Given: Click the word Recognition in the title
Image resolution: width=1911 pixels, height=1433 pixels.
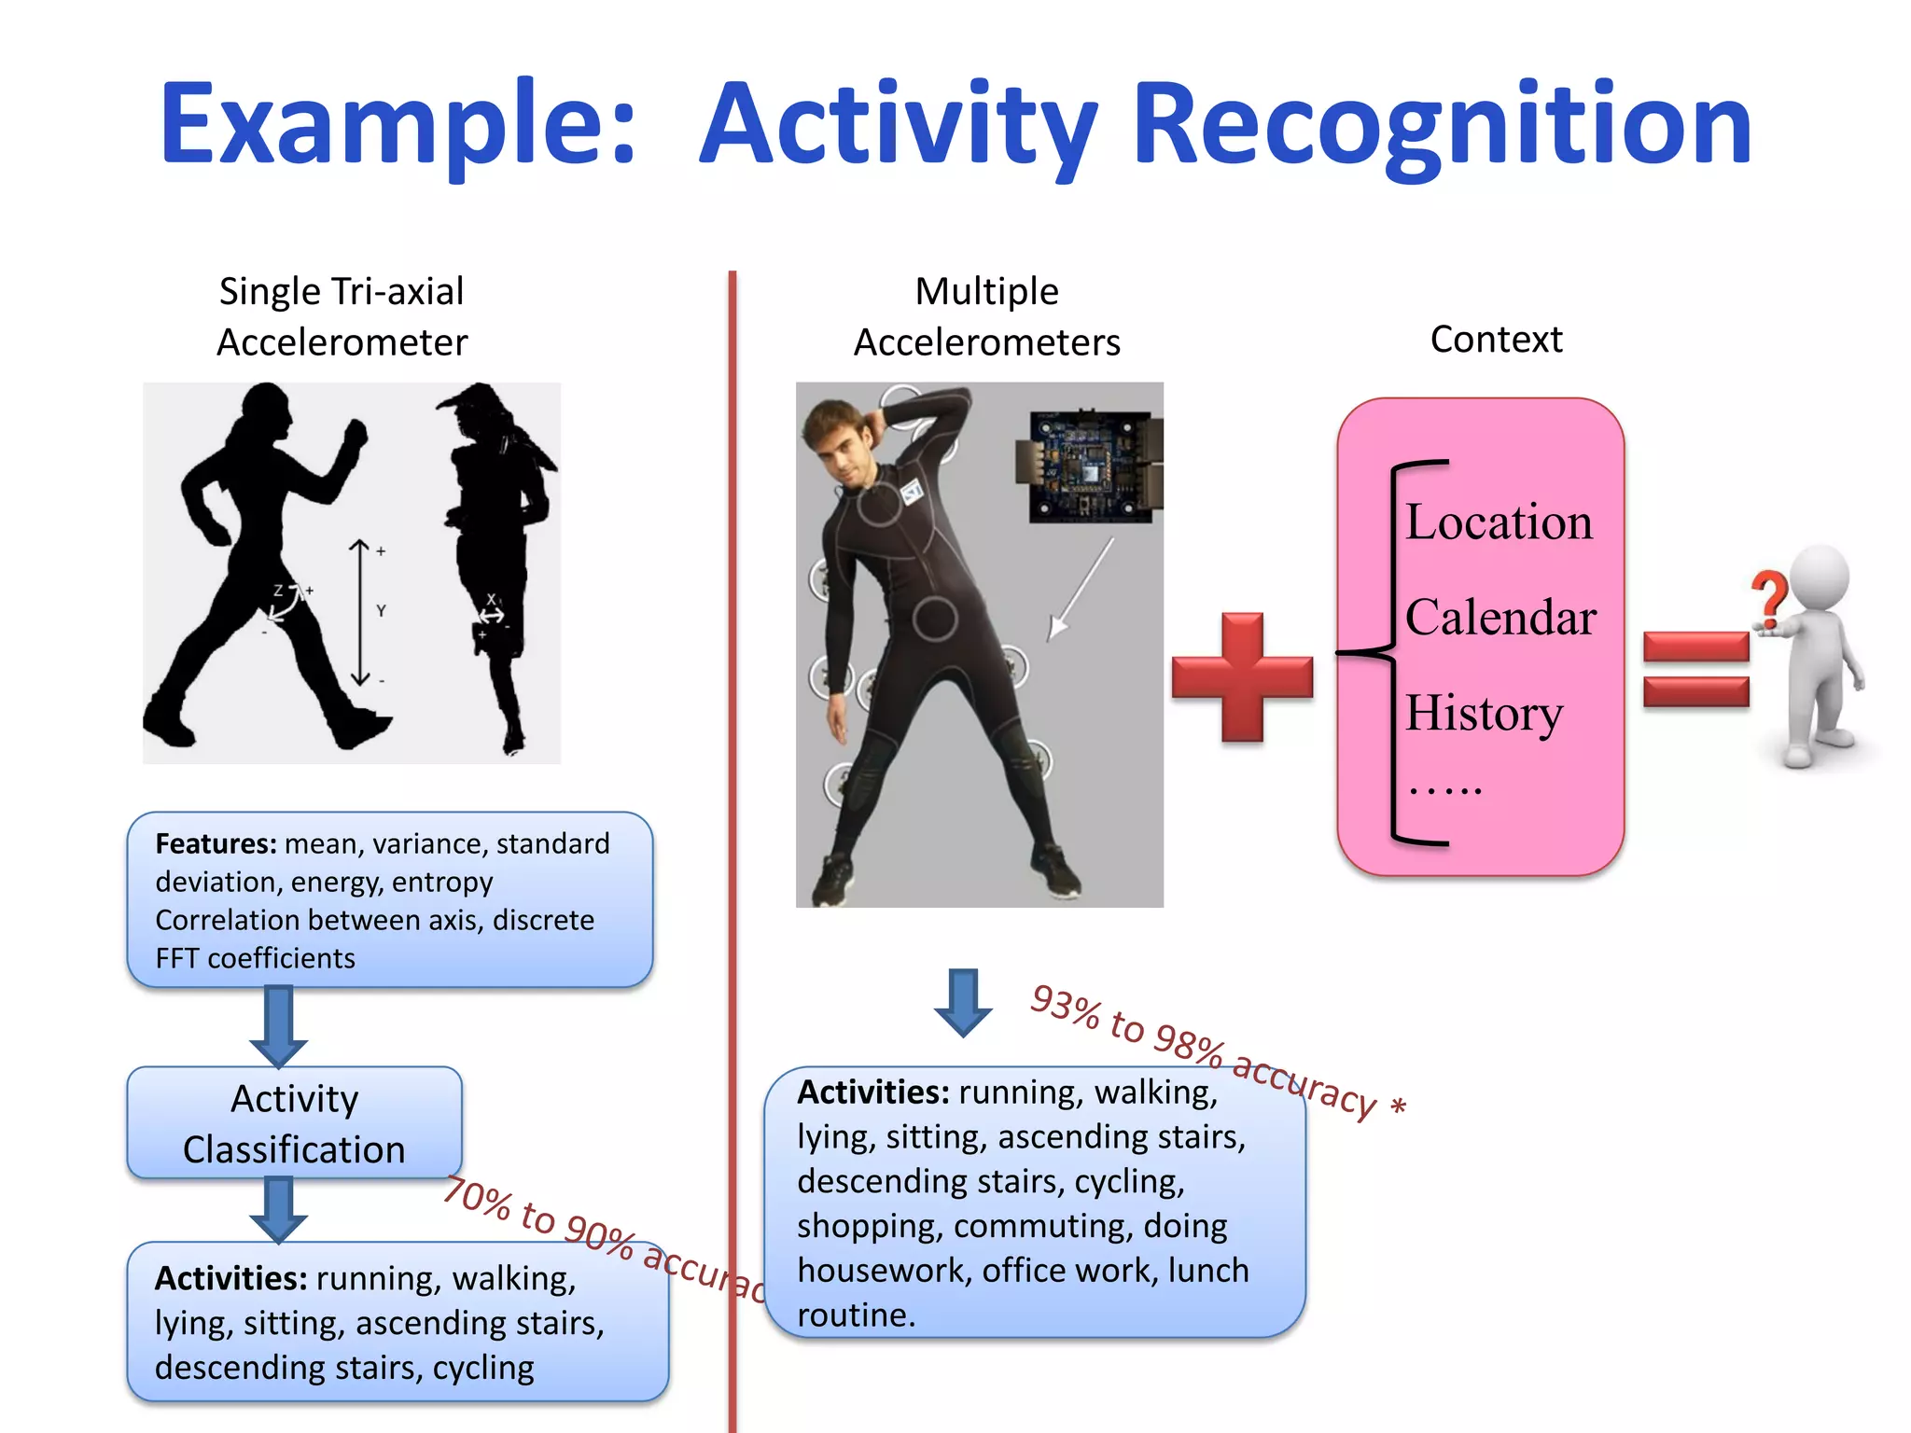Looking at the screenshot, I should point(1442,126).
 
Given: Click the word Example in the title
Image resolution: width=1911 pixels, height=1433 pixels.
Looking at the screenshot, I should point(397,126).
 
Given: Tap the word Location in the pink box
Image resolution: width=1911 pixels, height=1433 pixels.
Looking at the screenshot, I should point(1499,522).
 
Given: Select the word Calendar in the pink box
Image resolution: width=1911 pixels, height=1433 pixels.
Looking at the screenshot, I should point(1500,618).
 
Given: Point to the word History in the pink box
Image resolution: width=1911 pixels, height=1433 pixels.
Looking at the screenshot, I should point(1484,714).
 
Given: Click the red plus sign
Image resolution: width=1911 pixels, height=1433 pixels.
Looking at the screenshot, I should point(1242,676).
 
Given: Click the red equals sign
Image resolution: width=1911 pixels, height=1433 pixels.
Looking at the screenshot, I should point(1695,669).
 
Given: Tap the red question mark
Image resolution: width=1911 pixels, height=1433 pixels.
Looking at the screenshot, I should point(1768,598).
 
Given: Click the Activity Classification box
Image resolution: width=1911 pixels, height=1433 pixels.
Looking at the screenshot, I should point(294,1123).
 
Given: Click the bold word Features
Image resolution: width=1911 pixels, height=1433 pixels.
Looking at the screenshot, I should point(216,843).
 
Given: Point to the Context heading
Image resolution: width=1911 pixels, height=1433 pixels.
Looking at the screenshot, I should point(1496,340).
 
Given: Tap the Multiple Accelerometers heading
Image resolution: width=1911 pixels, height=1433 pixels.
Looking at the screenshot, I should point(986,316).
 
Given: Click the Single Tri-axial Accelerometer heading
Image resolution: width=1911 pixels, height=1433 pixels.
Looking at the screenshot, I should point(342,316).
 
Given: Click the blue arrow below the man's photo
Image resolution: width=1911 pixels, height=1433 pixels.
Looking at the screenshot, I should point(962,1002).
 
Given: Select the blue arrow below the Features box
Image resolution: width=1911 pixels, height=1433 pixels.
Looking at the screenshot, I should point(278,1026).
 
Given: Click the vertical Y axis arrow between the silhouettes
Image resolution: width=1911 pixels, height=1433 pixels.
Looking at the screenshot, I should point(360,612).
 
